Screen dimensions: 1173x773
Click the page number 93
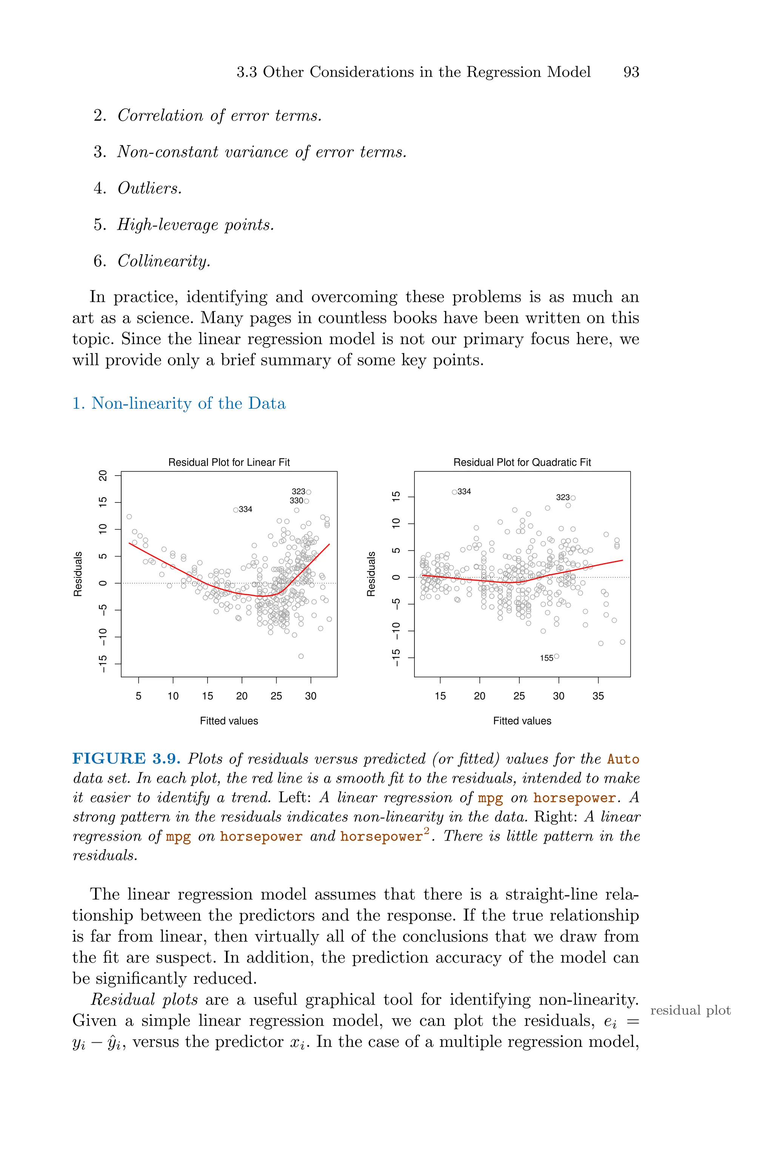(x=631, y=72)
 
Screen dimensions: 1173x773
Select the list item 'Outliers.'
(x=149, y=189)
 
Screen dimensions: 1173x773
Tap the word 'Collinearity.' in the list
(x=164, y=261)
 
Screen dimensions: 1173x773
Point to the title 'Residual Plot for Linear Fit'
(x=229, y=462)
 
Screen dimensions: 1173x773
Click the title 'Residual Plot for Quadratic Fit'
(x=522, y=462)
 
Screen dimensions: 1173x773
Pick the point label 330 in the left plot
(x=296, y=501)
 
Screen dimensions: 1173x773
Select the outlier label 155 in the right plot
(x=546, y=658)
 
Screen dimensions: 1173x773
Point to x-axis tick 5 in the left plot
(x=139, y=696)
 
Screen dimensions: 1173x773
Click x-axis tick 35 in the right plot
(x=598, y=696)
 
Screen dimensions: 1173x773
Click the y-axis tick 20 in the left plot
(x=103, y=476)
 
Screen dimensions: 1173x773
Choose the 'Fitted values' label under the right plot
(x=522, y=721)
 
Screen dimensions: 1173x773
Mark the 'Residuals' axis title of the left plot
(x=77, y=574)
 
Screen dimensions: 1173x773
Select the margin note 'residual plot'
(x=690, y=1010)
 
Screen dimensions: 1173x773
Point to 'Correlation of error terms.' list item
(x=219, y=116)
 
